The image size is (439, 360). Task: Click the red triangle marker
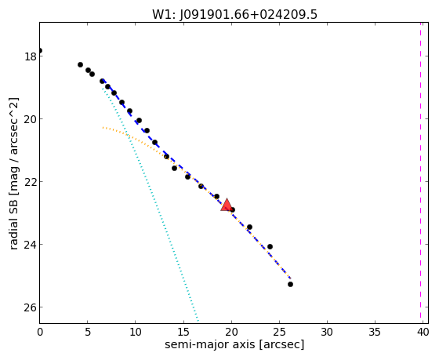click(227, 205)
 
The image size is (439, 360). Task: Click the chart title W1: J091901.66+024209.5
click(234, 14)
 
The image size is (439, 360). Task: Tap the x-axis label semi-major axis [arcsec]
click(234, 344)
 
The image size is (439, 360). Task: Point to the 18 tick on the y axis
click(31, 56)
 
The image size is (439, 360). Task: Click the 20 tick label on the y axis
click(31, 119)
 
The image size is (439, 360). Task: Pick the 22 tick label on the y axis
click(31, 182)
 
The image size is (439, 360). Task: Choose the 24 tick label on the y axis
click(31, 245)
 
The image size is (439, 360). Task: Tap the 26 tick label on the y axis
click(31, 307)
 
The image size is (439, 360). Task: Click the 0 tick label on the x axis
click(40, 333)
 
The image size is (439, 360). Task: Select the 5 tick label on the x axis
click(88, 333)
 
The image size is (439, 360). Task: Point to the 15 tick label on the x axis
click(183, 333)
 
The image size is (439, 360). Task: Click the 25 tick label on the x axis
click(279, 333)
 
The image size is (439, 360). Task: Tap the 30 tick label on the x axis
click(327, 333)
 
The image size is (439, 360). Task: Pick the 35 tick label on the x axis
click(375, 333)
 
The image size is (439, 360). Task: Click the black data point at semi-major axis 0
click(40, 51)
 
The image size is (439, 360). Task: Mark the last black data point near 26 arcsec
click(290, 285)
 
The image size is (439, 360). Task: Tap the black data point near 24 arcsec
click(270, 247)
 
